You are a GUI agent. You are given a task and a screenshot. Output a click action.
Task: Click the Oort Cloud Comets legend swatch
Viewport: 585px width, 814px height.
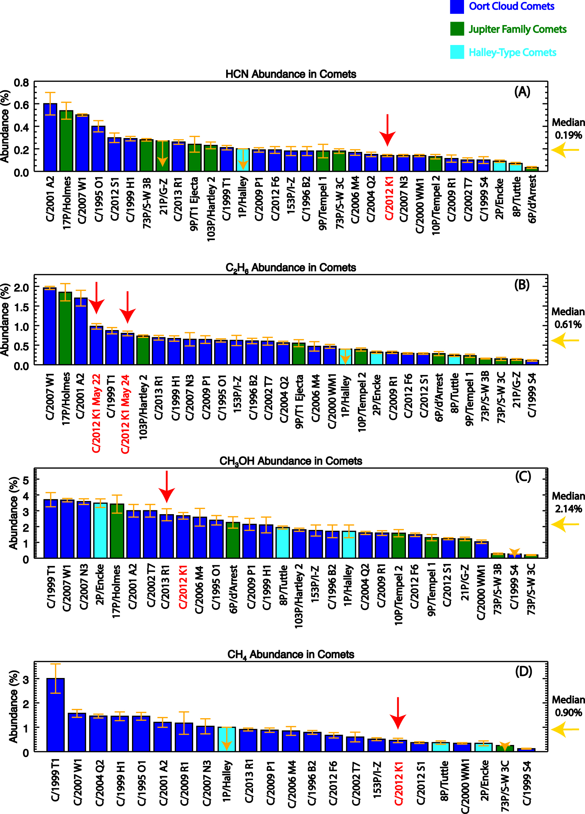456,7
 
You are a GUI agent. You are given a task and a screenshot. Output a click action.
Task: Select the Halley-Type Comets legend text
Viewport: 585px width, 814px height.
512,53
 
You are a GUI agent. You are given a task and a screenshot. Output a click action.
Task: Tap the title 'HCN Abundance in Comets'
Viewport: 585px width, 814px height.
290,74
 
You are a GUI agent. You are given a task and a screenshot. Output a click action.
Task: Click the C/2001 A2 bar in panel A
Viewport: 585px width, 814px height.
50,137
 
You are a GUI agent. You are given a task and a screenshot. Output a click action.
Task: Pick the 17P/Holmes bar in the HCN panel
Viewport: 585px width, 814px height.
66,141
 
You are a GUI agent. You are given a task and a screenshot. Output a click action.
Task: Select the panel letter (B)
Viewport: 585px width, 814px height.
521,285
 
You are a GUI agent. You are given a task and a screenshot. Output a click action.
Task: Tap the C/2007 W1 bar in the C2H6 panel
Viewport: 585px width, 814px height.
50,326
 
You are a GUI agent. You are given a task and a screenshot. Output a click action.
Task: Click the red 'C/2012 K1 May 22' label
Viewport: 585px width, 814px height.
96,413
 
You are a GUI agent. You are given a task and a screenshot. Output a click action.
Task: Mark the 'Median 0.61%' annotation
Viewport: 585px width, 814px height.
568,318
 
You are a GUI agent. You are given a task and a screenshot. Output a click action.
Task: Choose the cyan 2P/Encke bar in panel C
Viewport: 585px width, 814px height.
100,530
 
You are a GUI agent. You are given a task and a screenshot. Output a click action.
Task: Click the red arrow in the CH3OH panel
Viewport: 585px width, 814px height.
167,487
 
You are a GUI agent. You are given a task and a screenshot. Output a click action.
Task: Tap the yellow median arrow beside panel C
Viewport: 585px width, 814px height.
565,524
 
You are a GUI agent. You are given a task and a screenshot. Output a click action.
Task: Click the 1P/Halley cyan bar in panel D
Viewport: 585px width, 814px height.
227,739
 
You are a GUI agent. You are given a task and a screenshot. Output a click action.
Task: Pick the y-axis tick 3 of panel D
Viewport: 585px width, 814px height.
25,679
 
